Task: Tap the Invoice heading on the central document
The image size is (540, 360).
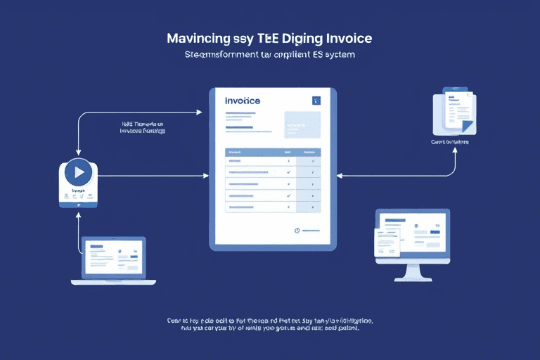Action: pos(243,101)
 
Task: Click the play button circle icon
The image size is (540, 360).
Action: pos(78,172)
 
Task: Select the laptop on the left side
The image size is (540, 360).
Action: pos(114,259)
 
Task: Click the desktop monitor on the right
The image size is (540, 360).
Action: pos(412,236)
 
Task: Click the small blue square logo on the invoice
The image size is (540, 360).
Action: pos(316,101)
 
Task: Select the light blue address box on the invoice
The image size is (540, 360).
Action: pos(302,124)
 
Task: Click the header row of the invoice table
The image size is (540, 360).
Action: pos(273,152)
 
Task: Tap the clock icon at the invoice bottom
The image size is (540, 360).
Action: pos(297,230)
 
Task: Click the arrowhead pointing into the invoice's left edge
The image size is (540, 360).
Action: pos(205,173)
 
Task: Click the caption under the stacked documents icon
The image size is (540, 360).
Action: pos(450,142)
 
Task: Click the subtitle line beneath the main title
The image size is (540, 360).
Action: pos(270,54)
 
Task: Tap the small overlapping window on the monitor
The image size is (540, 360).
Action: pos(386,240)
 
